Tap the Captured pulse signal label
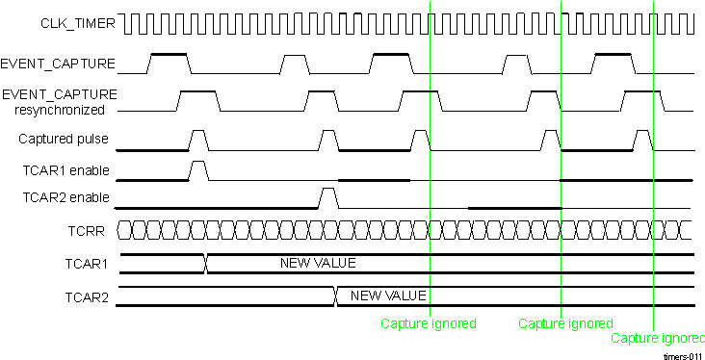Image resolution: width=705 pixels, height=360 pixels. click(64, 140)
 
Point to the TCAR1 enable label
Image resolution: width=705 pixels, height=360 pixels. click(66, 170)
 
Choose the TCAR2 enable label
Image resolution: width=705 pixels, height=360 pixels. click(66, 199)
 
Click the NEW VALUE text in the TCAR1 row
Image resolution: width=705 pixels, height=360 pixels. click(318, 263)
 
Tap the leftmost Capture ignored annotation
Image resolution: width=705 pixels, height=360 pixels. click(429, 323)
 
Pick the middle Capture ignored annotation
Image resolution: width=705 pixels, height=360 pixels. click(565, 323)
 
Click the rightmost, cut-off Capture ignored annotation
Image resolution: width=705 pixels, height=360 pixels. click(658, 338)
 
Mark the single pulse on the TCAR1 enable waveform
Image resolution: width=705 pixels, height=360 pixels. click(198, 170)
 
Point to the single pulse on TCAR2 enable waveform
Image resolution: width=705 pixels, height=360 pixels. click(328, 198)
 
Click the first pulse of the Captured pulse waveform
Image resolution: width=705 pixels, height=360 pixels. click(198, 140)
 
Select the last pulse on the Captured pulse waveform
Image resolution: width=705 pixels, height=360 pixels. click(643, 140)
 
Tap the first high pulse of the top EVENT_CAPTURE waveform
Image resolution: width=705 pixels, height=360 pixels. click(170, 63)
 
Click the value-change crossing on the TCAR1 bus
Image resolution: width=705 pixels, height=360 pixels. click(205, 264)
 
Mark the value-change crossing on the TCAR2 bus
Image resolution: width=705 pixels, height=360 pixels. click(335, 296)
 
